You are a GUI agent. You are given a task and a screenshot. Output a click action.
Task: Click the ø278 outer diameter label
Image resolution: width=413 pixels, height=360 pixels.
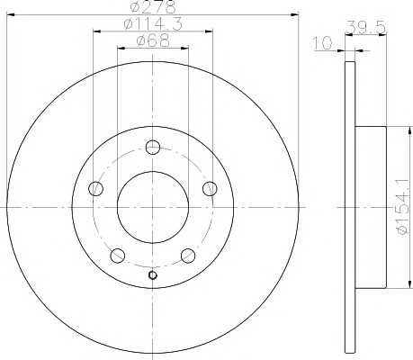click(153, 7)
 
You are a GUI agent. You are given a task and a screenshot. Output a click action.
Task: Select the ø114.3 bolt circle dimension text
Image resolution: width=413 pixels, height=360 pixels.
click(153, 24)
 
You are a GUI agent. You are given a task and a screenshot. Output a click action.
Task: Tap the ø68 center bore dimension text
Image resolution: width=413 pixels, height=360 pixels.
click(153, 40)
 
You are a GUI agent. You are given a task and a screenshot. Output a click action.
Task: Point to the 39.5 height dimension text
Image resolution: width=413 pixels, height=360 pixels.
click(366, 28)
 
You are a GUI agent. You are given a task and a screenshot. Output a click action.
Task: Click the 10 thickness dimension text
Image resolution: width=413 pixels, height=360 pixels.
click(322, 43)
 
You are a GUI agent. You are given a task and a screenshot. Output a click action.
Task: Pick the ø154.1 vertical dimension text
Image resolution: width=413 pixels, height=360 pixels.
click(402, 207)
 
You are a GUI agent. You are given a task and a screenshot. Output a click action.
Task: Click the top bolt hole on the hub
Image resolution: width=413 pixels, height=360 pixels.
click(153, 147)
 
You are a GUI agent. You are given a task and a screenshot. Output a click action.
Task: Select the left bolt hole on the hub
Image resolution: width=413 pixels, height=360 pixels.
click(96, 188)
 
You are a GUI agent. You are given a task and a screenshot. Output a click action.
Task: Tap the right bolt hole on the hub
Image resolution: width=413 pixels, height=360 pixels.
click(210, 188)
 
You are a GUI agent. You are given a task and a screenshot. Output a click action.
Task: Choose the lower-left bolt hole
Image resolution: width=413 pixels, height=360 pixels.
click(118, 256)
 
